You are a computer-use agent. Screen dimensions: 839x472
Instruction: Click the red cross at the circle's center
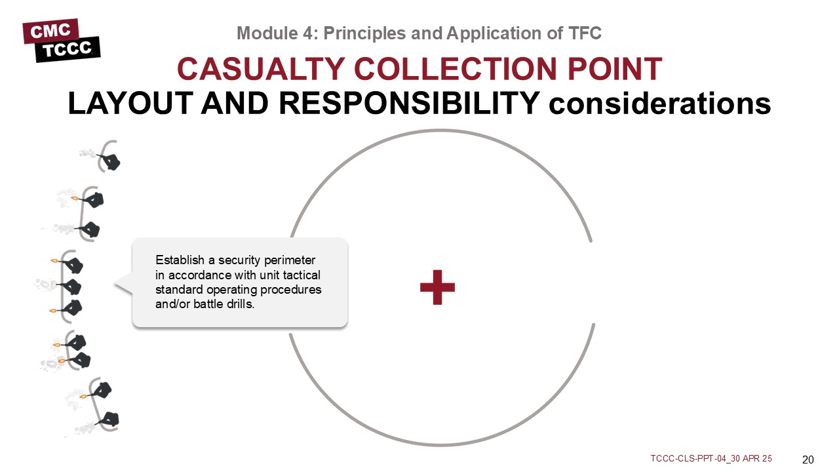pos(437,287)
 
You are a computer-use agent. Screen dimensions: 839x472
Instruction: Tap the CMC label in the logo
pos(50,31)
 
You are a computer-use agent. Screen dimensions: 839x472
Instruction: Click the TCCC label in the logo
pos(68,49)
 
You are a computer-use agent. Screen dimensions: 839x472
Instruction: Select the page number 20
pos(808,460)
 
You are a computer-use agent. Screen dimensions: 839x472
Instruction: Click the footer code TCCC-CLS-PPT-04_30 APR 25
pos(711,458)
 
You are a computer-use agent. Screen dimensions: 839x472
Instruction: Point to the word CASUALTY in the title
pos(261,69)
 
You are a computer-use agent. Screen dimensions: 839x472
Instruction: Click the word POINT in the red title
pos(615,69)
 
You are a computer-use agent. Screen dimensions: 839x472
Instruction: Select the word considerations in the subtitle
pos(659,104)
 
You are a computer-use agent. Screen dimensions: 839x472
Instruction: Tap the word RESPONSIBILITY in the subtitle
pos(410,104)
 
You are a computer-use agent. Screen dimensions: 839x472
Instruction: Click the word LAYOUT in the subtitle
pos(130,104)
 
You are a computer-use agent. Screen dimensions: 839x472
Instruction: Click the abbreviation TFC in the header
pos(585,33)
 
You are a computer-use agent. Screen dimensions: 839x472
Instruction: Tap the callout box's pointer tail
pos(124,284)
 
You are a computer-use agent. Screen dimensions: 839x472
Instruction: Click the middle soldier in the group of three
pos(71,287)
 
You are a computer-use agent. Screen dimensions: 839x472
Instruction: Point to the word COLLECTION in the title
pos(456,69)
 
